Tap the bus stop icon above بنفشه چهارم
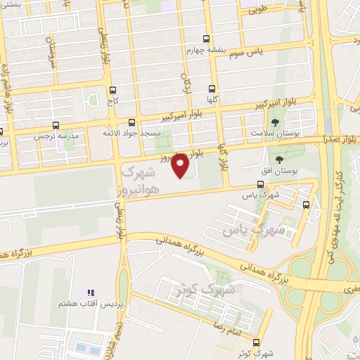[x=205, y=39]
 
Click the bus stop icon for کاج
[x=112, y=90]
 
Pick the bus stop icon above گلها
[x=212, y=89]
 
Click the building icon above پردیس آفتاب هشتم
[x=89, y=292]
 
